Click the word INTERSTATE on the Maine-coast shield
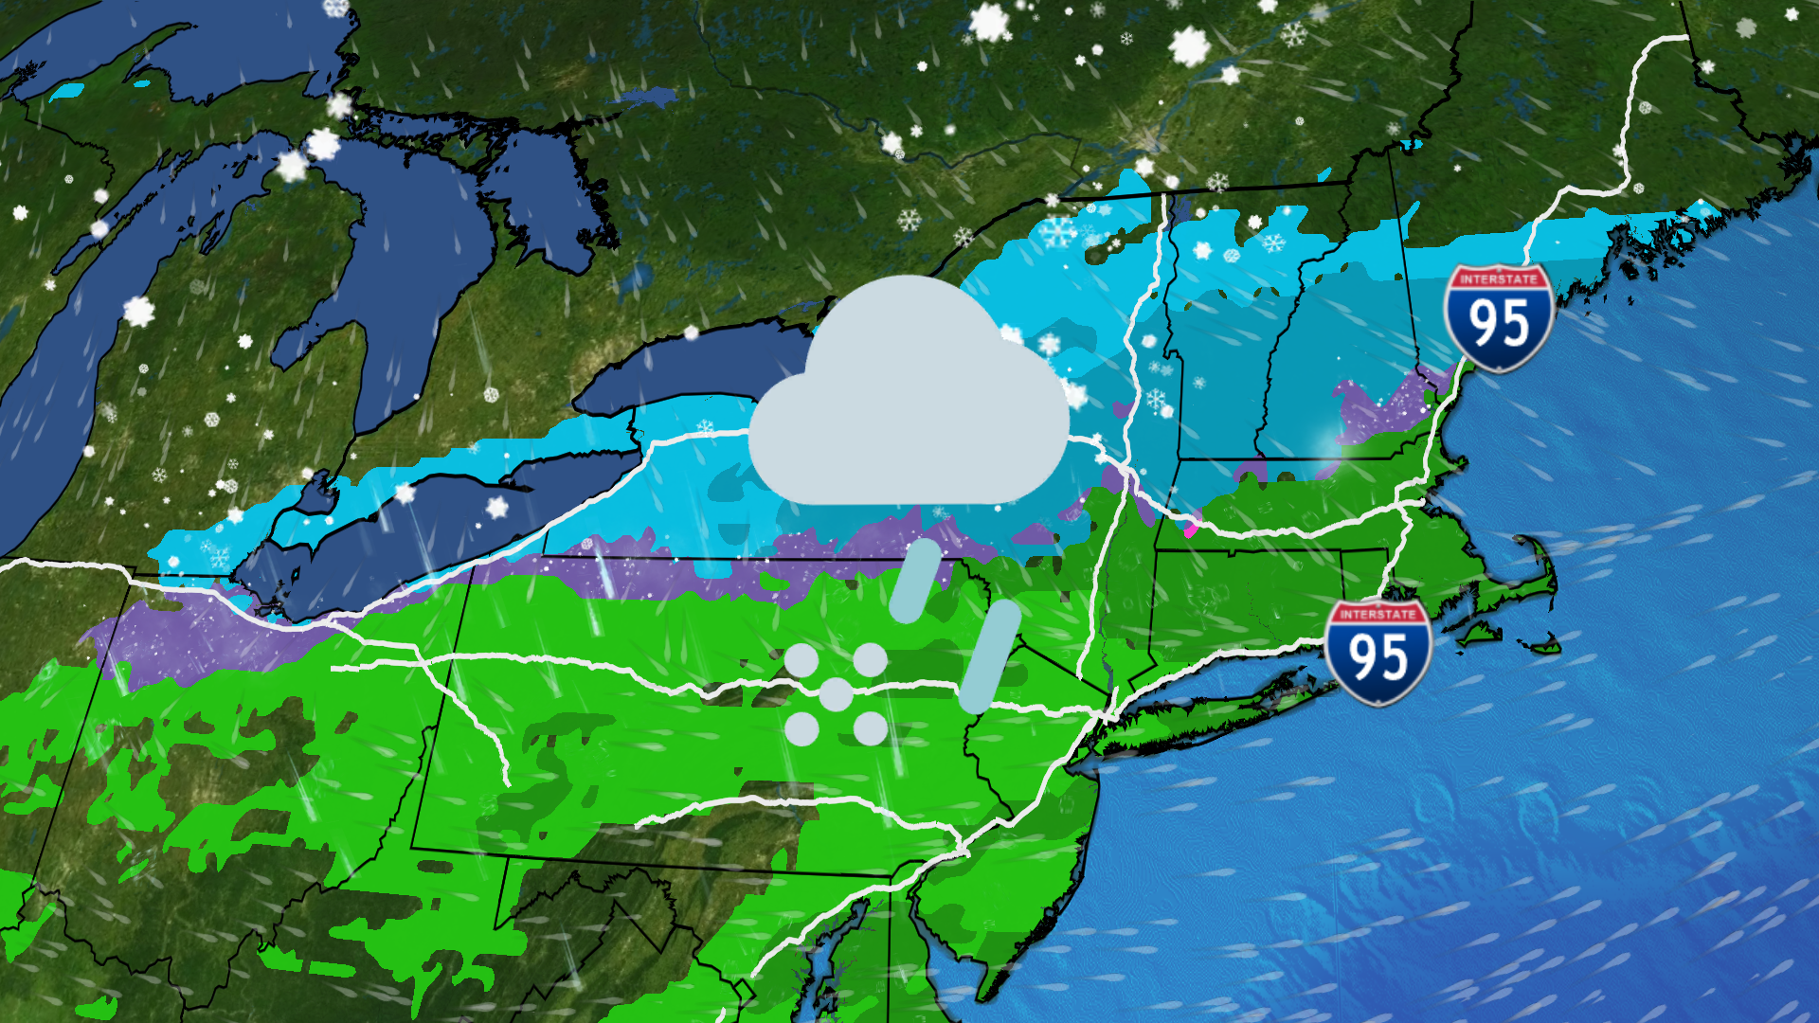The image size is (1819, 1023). [x=1498, y=279]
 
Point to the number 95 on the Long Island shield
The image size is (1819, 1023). [x=1378, y=658]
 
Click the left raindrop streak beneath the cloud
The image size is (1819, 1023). [x=915, y=581]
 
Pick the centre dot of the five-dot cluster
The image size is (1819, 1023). [x=835, y=694]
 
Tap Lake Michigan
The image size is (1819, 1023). [x=57, y=379]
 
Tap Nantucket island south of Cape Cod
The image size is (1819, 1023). [x=1540, y=647]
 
